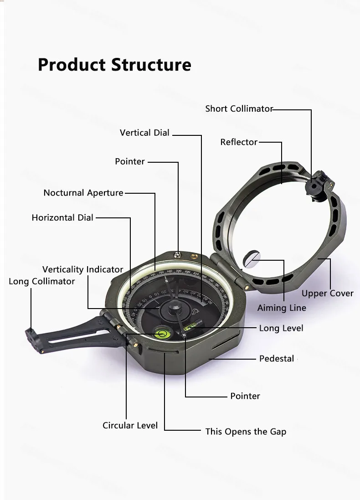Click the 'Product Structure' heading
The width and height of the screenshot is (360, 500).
coord(114,64)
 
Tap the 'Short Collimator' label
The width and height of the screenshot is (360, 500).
coord(238,108)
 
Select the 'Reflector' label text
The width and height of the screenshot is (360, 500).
coord(239,142)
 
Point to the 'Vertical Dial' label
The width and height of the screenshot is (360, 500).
coord(144,133)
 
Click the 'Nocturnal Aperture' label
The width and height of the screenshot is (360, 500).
coord(83,193)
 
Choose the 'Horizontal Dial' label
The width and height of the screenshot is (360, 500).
coord(62,217)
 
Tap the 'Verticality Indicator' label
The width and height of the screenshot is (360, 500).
coord(82,269)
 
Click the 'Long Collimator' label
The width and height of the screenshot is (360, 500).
coord(41,281)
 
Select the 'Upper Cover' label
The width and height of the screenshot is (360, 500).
coord(327,294)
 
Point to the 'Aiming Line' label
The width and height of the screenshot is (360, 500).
coord(282,308)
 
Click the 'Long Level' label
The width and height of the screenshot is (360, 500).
coord(281,328)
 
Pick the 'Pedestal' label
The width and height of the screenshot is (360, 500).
coord(277,359)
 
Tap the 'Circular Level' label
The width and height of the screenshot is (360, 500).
coord(130,425)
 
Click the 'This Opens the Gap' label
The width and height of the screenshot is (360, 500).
coord(246,431)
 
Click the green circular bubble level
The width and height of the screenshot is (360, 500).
coord(162,334)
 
